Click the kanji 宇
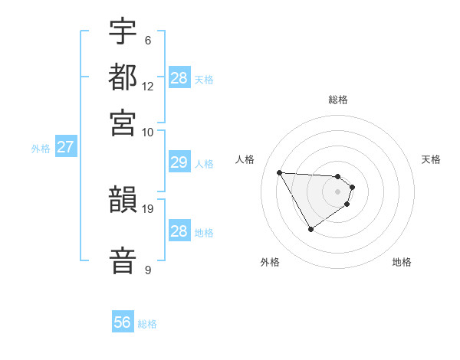point(123,33)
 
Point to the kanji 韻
point(123,201)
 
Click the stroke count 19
point(148,208)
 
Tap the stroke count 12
point(148,86)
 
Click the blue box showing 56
point(123,322)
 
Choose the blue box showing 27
point(65,147)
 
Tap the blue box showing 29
point(179,162)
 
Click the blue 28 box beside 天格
point(179,78)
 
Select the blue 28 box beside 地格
point(179,231)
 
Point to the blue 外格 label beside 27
point(41,149)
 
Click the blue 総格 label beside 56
point(147,324)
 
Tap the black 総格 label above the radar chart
point(338,100)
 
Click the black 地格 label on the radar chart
point(402,262)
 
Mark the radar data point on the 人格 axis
point(280,172)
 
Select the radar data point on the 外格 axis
point(310,228)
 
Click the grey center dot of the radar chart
point(337,191)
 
